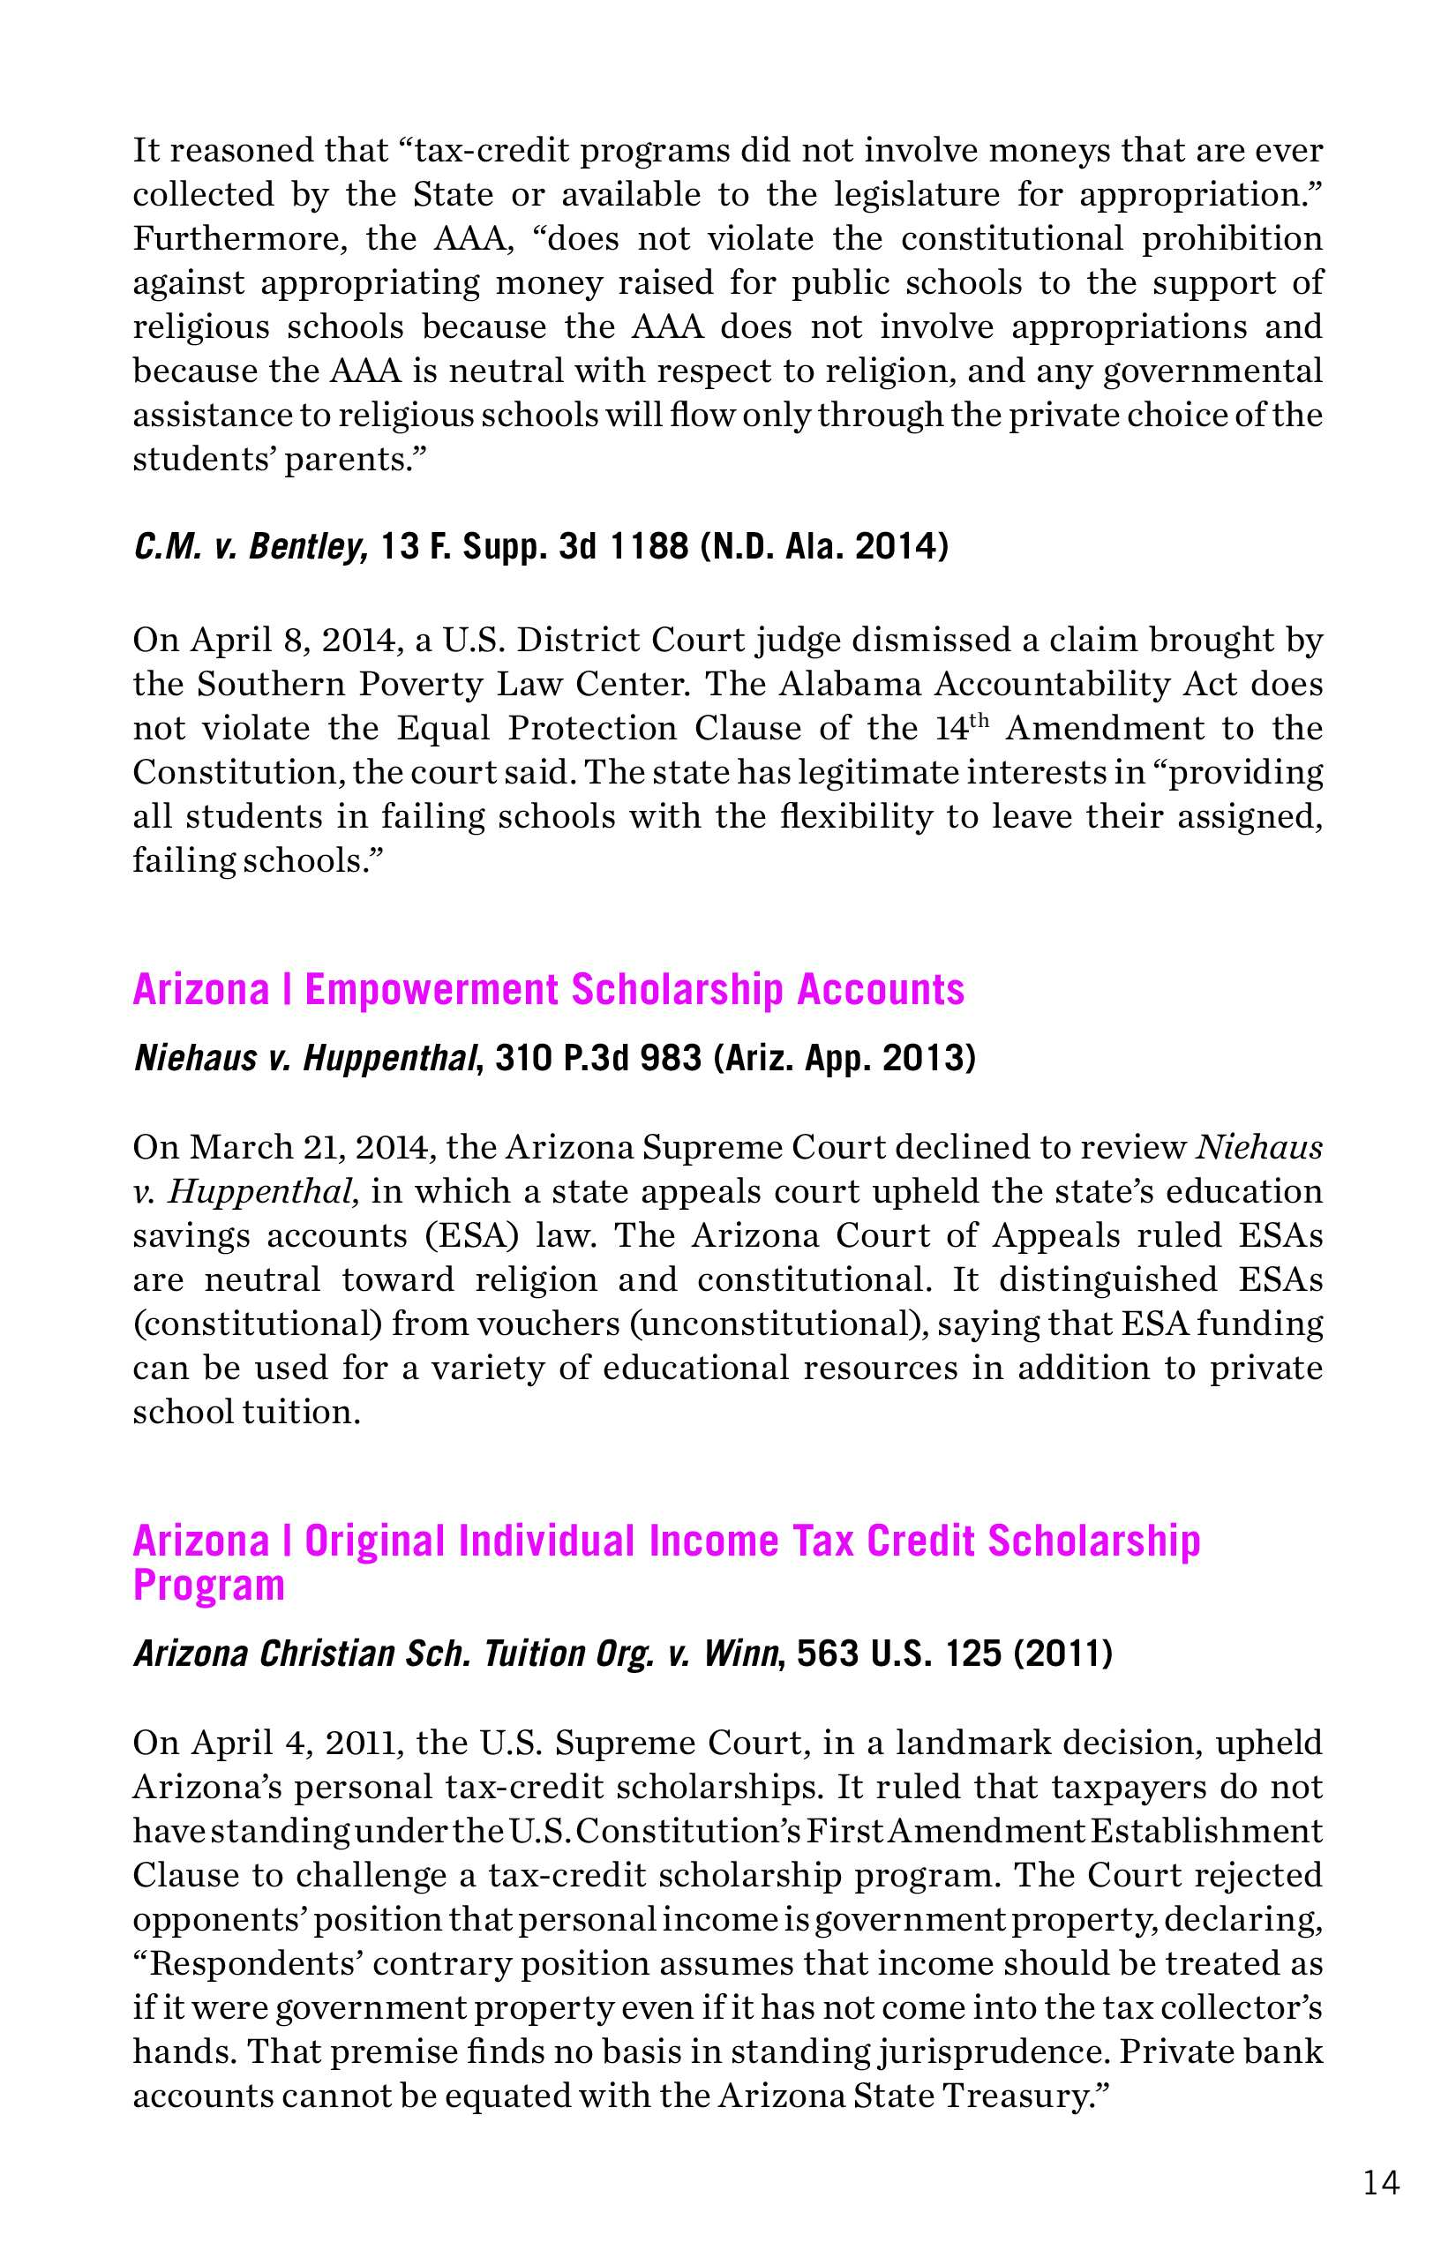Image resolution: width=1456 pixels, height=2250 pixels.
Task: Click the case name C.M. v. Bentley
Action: click(x=251, y=547)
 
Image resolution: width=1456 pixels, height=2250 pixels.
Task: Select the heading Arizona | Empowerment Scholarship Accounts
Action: click(x=548, y=990)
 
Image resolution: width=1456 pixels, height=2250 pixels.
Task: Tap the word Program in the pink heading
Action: click(x=208, y=1585)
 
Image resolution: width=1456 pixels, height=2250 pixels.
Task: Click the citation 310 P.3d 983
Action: click(x=598, y=1058)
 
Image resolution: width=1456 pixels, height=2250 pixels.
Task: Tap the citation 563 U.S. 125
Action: click(x=898, y=1654)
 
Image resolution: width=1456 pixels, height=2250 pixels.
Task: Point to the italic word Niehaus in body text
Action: click(x=1259, y=1147)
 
